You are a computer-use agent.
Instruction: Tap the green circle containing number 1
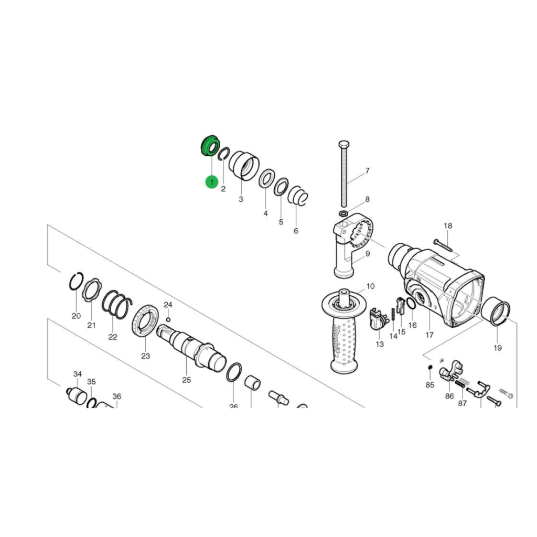[212, 182]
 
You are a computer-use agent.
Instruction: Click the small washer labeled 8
[343, 214]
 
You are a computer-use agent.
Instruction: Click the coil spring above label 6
[298, 196]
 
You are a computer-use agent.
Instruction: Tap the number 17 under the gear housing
[429, 335]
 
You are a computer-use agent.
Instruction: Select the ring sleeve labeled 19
[496, 312]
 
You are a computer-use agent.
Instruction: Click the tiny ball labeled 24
[168, 319]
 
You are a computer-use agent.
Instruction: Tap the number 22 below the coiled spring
[113, 337]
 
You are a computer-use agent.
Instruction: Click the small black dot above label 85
[429, 368]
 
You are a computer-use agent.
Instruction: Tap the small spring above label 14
[393, 319]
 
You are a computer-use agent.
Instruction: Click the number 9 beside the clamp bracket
[368, 254]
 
